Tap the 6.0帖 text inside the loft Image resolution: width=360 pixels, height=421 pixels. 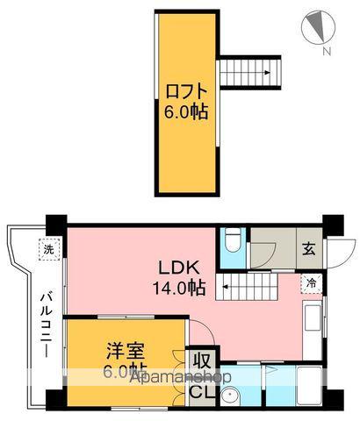click(186, 112)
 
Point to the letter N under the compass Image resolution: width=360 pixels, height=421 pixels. click(326, 52)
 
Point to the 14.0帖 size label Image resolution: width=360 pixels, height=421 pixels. click(182, 287)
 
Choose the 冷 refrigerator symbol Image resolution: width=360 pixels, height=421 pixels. click(311, 283)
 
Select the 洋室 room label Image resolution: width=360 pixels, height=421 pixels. click(124, 349)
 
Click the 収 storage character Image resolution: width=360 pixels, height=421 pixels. click(202, 361)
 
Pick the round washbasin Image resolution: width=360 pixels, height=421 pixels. click(232, 397)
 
